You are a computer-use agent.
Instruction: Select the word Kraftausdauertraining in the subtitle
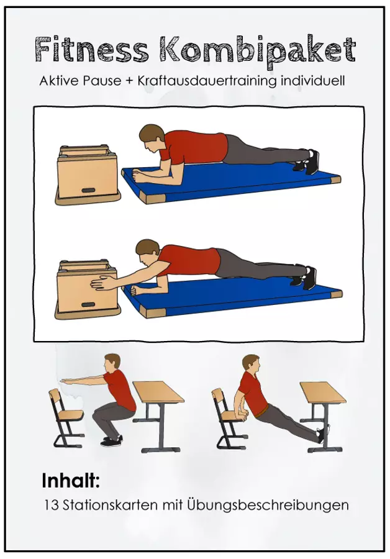pyautogui.click(x=206, y=81)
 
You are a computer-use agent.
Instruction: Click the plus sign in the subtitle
pyautogui.click(x=129, y=81)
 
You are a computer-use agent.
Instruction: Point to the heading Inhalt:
pyautogui.click(x=71, y=481)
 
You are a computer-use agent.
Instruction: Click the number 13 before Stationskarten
pyautogui.click(x=52, y=505)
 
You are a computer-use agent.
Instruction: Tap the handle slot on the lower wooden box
pyautogui.click(x=88, y=304)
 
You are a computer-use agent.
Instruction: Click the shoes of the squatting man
pyautogui.click(x=112, y=442)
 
